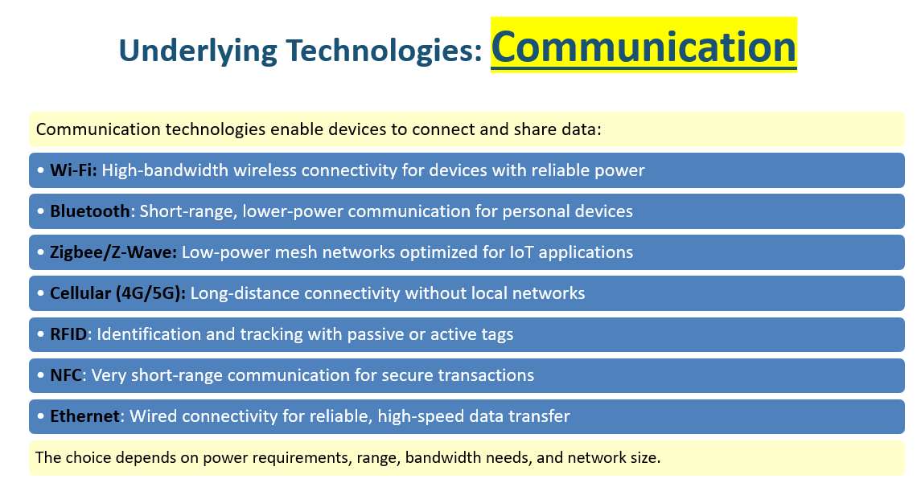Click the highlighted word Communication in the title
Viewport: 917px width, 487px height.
[x=644, y=47]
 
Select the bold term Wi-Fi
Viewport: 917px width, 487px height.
[x=73, y=170]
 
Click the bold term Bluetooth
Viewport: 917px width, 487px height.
[x=89, y=211]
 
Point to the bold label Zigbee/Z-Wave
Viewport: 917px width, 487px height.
[x=113, y=252]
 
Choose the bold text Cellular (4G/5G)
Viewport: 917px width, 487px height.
[x=117, y=293]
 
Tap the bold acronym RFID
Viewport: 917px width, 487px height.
[x=68, y=334]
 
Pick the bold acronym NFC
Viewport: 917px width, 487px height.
[x=65, y=374]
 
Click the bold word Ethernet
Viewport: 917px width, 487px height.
[x=84, y=415]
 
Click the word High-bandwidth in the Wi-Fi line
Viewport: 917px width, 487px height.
[x=165, y=170]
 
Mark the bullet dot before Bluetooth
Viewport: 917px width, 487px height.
[x=40, y=211]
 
